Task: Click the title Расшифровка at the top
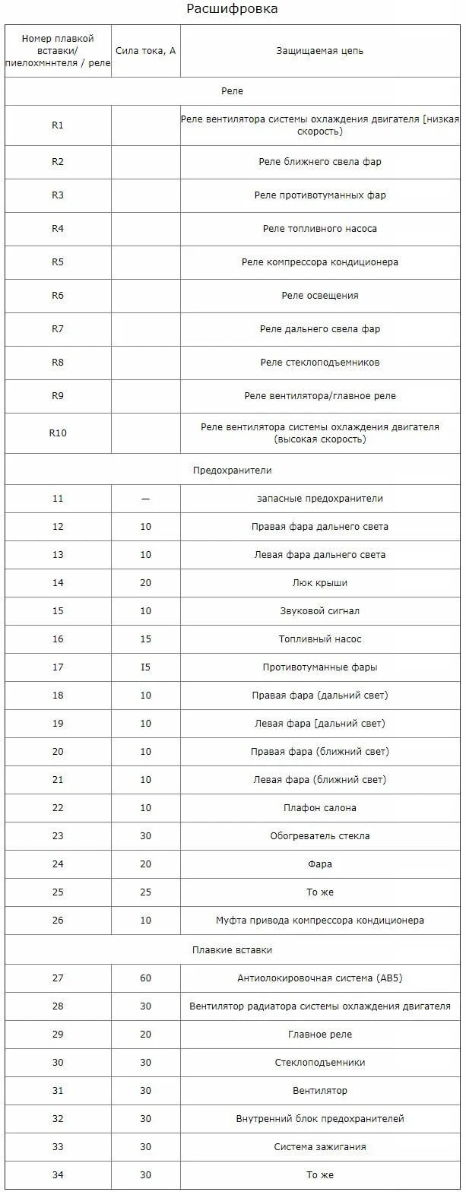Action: (233, 9)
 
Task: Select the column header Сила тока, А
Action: (145, 51)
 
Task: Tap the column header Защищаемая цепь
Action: (319, 51)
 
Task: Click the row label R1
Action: (58, 125)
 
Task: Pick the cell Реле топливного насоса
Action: (319, 228)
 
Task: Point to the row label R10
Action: (58, 433)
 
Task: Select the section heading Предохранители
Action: (232, 471)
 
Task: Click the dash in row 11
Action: (145, 499)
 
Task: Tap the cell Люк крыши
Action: (319, 583)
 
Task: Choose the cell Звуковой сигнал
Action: (319, 611)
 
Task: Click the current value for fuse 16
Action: (145, 639)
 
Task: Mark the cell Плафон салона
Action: (319, 808)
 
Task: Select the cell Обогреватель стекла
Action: (319, 836)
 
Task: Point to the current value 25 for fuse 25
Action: (145, 892)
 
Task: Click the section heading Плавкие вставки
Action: (232, 950)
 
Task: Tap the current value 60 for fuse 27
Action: (145, 978)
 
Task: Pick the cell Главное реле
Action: (319, 1035)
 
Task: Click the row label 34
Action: (58, 1175)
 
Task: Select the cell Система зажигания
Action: (319, 1147)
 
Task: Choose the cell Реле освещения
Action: (319, 296)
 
